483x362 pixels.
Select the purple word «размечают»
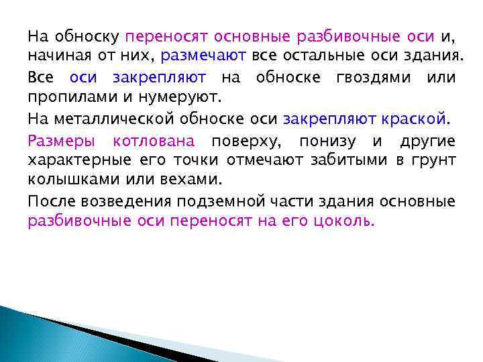pos(205,54)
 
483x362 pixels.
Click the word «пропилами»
pos(62,96)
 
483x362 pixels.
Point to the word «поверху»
pos(247,141)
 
